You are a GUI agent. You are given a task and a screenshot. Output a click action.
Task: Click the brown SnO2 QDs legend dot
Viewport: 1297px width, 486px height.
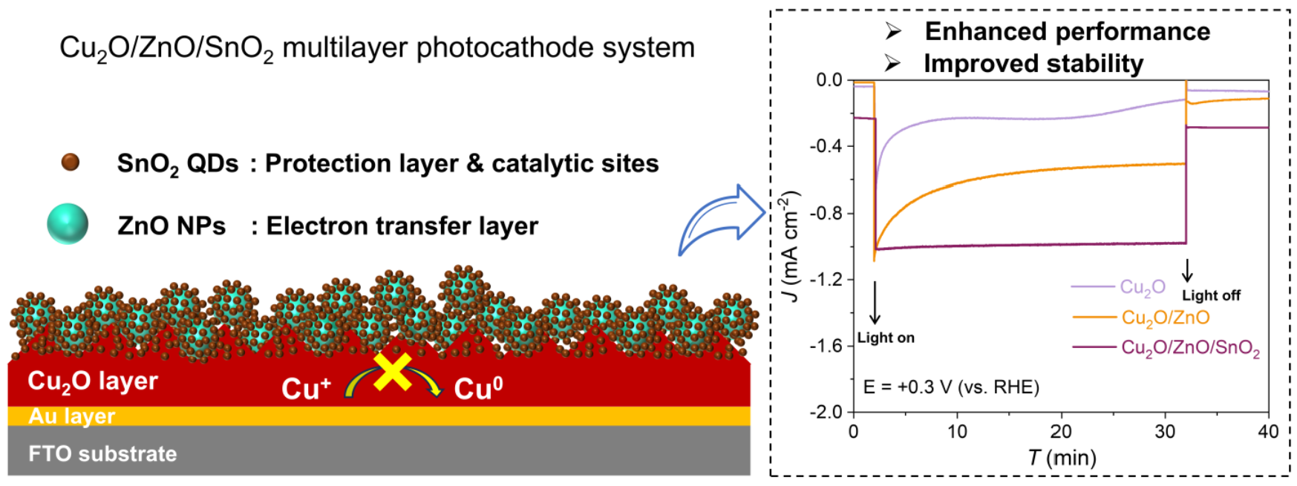click(x=70, y=162)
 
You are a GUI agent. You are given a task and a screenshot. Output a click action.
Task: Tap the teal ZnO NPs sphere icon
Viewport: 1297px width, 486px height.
click(x=68, y=223)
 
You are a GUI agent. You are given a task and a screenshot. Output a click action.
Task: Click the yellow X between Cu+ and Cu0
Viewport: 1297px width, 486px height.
click(x=393, y=371)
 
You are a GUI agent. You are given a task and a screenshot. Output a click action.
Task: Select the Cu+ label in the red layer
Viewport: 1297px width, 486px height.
click(x=305, y=388)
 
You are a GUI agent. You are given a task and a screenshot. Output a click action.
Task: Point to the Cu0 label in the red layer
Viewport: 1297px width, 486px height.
click(x=478, y=388)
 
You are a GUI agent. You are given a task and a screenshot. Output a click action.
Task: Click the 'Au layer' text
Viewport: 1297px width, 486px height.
click(x=72, y=416)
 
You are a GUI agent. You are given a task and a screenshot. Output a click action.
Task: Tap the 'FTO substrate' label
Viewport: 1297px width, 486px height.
click(x=102, y=453)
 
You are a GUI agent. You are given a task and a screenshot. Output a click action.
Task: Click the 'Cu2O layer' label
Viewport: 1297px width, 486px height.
click(x=93, y=381)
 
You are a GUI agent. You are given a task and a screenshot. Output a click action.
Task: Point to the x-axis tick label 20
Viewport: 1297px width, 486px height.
click(x=1061, y=432)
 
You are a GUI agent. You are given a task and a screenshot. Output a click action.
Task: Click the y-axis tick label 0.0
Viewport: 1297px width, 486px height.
click(x=829, y=80)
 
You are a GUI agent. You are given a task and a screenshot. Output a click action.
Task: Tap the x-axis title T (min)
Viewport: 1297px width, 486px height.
click(x=1062, y=458)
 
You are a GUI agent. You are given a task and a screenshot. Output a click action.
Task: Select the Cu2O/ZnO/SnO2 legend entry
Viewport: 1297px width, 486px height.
click(x=1190, y=348)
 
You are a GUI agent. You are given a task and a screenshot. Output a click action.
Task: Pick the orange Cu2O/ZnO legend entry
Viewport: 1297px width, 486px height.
click(x=1165, y=318)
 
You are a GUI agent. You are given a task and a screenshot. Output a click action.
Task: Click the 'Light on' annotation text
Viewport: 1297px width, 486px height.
click(x=886, y=338)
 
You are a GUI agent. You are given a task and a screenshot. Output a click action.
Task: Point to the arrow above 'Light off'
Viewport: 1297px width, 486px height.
click(x=1187, y=270)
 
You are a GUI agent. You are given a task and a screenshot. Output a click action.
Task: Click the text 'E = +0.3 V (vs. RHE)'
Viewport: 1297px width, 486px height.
click(x=951, y=387)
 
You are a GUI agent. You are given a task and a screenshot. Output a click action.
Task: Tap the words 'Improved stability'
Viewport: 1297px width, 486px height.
click(x=1033, y=64)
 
